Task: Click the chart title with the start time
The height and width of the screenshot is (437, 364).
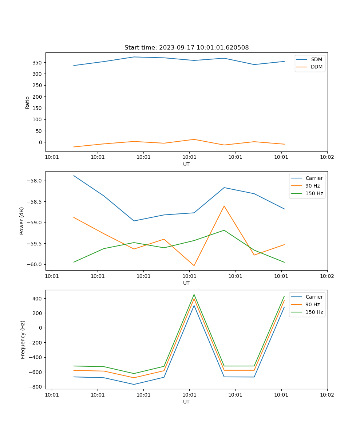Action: (186, 48)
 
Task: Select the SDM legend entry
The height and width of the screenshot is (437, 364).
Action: (316, 59)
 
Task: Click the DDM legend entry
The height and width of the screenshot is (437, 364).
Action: (316, 67)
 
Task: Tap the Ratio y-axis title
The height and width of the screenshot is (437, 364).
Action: (28, 102)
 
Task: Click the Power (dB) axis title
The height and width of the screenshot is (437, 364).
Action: (22, 221)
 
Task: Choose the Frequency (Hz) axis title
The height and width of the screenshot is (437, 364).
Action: (23, 339)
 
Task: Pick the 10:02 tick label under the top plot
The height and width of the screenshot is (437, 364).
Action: (327, 157)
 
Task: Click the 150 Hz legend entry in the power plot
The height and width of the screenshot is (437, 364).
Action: (314, 193)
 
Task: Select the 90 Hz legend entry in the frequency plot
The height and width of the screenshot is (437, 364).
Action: (312, 304)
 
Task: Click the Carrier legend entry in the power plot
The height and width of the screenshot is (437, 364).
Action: (314, 178)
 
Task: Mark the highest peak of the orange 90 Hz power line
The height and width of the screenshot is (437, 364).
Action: (224, 206)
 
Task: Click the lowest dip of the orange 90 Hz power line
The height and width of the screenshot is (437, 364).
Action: (194, 265)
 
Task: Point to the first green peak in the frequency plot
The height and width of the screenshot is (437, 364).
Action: (194, 295)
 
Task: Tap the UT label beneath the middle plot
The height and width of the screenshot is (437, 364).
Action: (186, 283)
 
